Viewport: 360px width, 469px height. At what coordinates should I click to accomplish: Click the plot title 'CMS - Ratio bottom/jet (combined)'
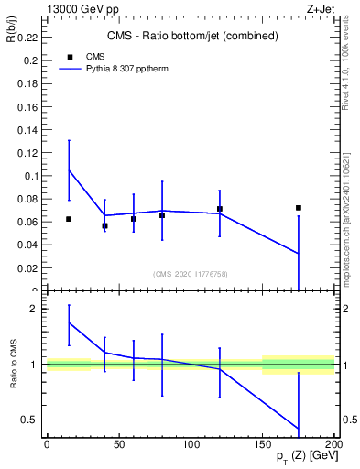point(191,36)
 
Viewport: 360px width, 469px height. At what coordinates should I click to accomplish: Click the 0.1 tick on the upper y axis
point(31,176)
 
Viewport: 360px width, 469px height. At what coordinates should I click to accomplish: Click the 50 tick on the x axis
point(119,443)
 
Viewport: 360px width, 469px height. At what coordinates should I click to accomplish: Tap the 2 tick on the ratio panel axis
point(35,309)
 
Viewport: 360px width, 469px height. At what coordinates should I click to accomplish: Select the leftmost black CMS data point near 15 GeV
point(69,219)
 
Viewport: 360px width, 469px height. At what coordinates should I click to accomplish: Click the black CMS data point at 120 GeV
point(220,209)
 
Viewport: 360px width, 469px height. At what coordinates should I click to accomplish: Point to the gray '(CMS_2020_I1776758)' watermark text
point(191,274)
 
